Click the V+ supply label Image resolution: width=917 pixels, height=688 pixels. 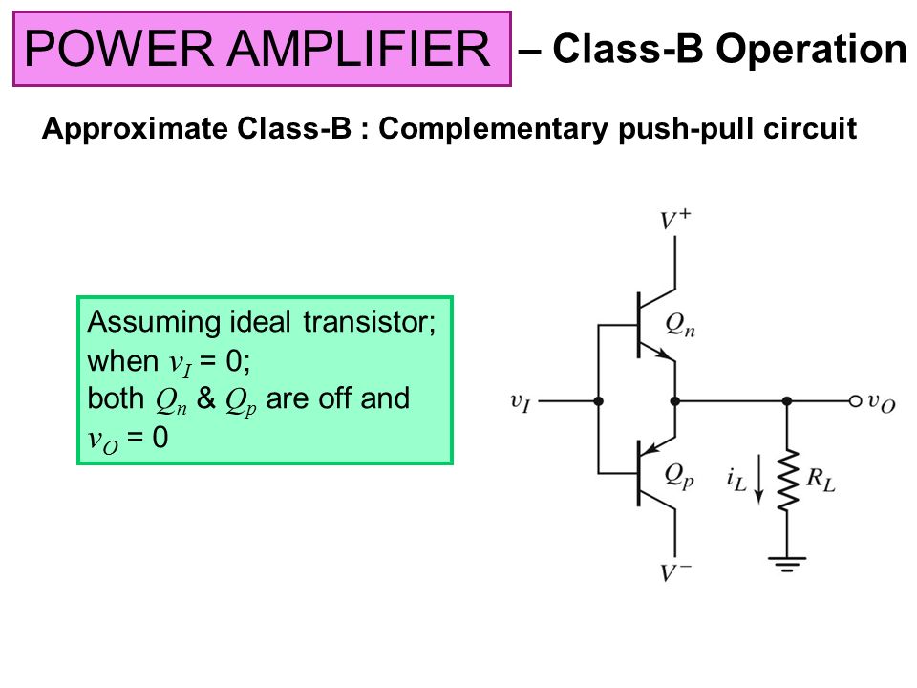tap(676, 220)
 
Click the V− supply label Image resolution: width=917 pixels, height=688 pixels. tap(676, 573)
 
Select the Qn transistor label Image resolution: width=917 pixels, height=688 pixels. tap(681, 327)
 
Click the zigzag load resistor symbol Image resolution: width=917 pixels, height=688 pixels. tap(787, 481)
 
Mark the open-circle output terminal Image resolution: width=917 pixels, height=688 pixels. tap(856, 402)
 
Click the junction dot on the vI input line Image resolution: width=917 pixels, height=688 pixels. tap(598, 402)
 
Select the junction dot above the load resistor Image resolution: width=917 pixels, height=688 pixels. tap(787, 402)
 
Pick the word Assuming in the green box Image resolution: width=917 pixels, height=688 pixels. tap(140, 320)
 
